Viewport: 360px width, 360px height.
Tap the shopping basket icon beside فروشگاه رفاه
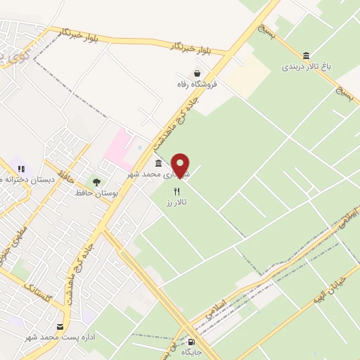pyautogui.click(x=197, y=72)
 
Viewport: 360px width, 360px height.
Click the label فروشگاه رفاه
pyautogui.click(x=197, y=84)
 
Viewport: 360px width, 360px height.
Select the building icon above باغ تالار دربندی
pyautogui.click(x=306, y=56)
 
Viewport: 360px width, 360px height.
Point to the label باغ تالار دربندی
pyautogui.click(x=306, y=67)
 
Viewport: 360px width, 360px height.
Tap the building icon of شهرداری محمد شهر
pyautogui.click(x=159, y=162)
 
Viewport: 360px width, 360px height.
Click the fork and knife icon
pyautogui.click(x=178, y=191)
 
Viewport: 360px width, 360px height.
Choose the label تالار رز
pyautogui.click(x=174, y=202)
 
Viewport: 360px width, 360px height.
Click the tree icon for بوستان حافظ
pyautogui.click(x=96, y=182)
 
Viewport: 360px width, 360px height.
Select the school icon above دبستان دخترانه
pyautogui.click(x=20, y=169)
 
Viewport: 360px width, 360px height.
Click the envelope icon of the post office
pyautogui.click(x=60, y=326)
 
